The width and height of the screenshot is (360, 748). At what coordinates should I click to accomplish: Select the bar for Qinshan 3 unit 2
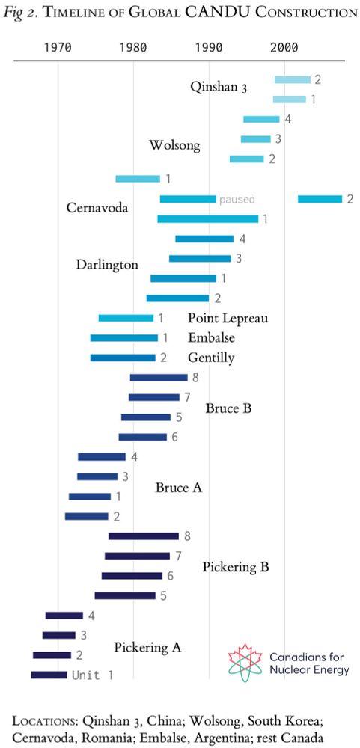(x=292, y=79)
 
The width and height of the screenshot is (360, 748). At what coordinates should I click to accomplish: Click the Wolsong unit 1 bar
(x=138, y=179)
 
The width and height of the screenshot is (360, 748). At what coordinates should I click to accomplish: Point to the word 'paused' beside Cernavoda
(x=237, y=200)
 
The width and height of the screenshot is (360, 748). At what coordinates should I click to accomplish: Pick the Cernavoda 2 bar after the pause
(x=320, y=199)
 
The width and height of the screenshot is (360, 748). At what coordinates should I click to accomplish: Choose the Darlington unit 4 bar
(x=204, y=239)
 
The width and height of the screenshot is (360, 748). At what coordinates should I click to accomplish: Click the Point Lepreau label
(x=228, y=318)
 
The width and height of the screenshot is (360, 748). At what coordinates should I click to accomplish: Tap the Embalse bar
(x=123, y=338)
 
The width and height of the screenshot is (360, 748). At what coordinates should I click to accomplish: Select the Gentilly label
(x=210, y=358)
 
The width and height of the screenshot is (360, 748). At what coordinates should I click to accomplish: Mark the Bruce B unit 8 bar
(x=158, y=377)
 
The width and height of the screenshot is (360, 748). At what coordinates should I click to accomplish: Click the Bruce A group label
(x=179, y=488)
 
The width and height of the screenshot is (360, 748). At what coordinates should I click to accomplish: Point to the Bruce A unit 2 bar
(x=87, y=516)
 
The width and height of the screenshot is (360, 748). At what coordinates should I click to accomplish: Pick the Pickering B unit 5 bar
(x=125, y=595)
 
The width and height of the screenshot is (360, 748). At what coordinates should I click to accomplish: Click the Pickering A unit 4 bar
(x=64, y=616)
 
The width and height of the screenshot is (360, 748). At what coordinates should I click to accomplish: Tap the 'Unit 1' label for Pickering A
(x=92, y=675)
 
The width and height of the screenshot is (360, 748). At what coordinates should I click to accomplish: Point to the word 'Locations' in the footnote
(x=44, y=720)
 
